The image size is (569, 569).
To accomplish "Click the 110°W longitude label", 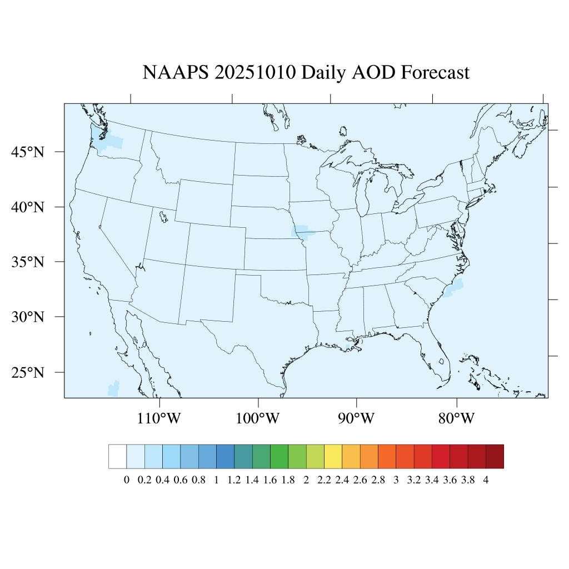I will [x=159, y=418].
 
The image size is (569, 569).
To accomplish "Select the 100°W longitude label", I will [x=258, y=418].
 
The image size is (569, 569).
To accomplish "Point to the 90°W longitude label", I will [x=356, y=418].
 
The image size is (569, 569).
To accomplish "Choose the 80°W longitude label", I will [x=456, y=418].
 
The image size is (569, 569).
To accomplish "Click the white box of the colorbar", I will [x=118, y=456].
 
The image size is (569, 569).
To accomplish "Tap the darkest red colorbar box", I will [x=495, y=456].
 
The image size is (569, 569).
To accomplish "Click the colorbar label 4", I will [x=486, y=481].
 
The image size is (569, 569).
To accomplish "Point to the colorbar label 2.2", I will [x=324, y=481].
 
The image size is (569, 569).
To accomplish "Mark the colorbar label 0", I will [x=127, y=481].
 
